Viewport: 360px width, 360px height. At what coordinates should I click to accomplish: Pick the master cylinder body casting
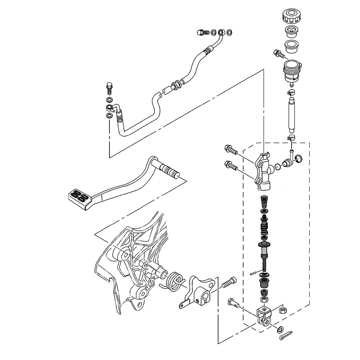[263, 171]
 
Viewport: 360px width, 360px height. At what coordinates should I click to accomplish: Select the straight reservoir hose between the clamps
[291, 115]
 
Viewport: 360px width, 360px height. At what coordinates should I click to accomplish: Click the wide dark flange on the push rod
[264, 245]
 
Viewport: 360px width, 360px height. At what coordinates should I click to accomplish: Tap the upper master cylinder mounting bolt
[231, 149]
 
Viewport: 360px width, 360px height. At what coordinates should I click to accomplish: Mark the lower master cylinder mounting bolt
[231, 166]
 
